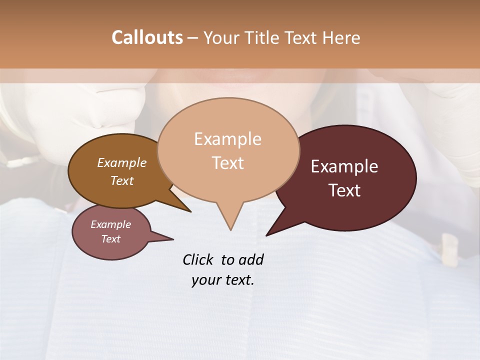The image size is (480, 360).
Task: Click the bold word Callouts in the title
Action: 147,37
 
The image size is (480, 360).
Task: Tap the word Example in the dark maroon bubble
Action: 344,166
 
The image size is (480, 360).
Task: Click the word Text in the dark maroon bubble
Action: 344,190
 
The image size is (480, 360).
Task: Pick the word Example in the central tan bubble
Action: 227,139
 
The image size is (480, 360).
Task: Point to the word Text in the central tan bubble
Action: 227,163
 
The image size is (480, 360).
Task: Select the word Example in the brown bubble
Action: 121,162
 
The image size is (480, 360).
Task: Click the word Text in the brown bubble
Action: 121,180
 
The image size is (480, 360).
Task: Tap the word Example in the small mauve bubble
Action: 110,224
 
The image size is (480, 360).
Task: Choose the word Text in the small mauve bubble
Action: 110,239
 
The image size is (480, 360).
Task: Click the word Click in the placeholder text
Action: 199,259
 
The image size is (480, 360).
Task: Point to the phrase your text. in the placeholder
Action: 223,280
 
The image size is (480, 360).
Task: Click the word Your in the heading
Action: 222,37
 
